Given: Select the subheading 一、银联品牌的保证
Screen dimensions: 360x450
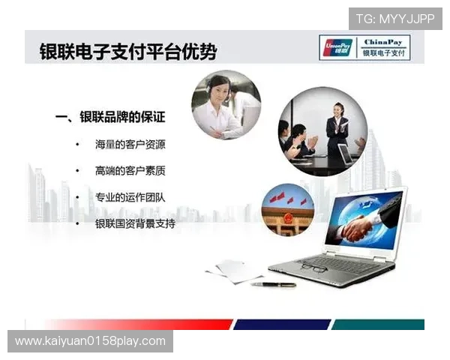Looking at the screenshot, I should [110, 117].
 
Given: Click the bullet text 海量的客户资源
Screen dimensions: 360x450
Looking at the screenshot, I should [130, 144].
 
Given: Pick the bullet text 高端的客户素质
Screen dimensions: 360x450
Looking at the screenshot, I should [130, 171].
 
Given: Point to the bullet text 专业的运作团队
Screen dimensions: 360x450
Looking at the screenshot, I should [130, 197].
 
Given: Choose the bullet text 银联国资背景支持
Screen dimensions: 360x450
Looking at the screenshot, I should [136, 223].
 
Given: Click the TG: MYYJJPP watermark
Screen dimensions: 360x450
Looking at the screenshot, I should [394, 18].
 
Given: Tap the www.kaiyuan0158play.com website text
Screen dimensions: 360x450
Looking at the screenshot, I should [90, 341].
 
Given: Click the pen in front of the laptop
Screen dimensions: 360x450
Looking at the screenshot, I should [273, 284].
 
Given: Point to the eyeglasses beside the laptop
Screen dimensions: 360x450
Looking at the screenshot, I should [311, 268].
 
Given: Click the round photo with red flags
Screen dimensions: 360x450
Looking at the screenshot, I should [287, 209].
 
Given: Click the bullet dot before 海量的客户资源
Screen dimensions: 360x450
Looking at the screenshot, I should [77, 144].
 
